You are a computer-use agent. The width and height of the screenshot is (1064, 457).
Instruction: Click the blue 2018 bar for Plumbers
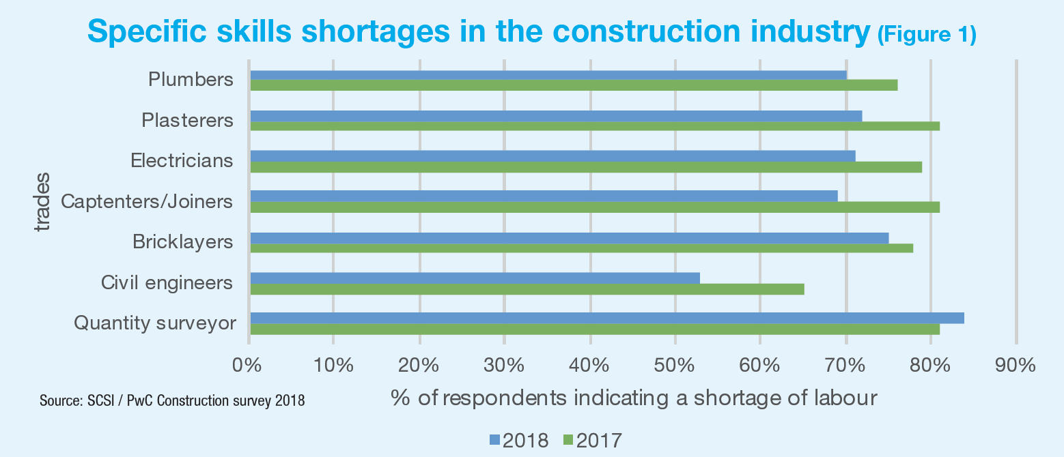548,74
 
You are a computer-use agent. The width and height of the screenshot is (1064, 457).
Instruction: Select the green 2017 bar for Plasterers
595,126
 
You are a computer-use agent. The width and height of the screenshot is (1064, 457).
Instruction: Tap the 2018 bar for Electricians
552,156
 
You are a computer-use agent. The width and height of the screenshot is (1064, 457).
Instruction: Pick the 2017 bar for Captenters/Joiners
595,207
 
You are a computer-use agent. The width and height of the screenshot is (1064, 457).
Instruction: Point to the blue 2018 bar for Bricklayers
570,237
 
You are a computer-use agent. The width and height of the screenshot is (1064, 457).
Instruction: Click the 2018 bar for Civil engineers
475,278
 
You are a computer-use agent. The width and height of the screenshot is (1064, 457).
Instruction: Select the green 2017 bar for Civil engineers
527,289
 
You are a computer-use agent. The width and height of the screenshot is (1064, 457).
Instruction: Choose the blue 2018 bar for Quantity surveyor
607,318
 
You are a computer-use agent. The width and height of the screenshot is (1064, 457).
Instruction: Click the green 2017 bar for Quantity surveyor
595,329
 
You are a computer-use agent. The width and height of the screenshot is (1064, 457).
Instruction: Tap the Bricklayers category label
182,242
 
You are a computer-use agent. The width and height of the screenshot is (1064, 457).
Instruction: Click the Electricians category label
182,161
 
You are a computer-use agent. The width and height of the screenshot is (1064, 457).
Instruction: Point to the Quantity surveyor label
155,323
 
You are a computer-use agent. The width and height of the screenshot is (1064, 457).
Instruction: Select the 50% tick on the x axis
675,365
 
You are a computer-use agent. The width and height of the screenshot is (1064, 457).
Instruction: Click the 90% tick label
1016,365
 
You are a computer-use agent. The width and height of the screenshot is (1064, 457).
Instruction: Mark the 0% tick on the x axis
248,365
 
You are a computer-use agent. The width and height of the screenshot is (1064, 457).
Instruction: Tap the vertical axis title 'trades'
42,203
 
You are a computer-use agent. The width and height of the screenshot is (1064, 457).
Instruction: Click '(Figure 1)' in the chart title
927,35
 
